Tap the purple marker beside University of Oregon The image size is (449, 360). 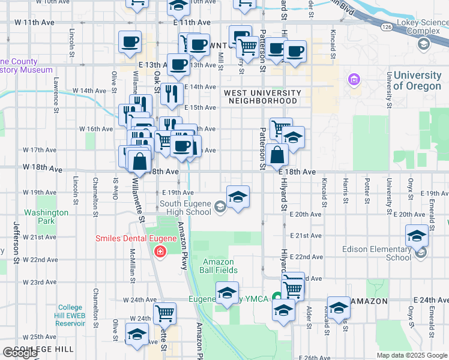click(x=354, y=80)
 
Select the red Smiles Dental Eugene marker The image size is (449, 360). click(x=160, y=251)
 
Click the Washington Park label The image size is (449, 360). click(x=46, y=217)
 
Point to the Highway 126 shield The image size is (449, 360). click(x=387, y=27)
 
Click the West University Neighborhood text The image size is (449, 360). click(x=262, y=97)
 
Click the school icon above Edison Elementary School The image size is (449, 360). click(x=417, y=236)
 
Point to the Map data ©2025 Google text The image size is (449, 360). click(x=412, y=355)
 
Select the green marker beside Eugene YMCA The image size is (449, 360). click(x=277, y=296)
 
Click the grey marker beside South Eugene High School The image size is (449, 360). click(x=220, y=208)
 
